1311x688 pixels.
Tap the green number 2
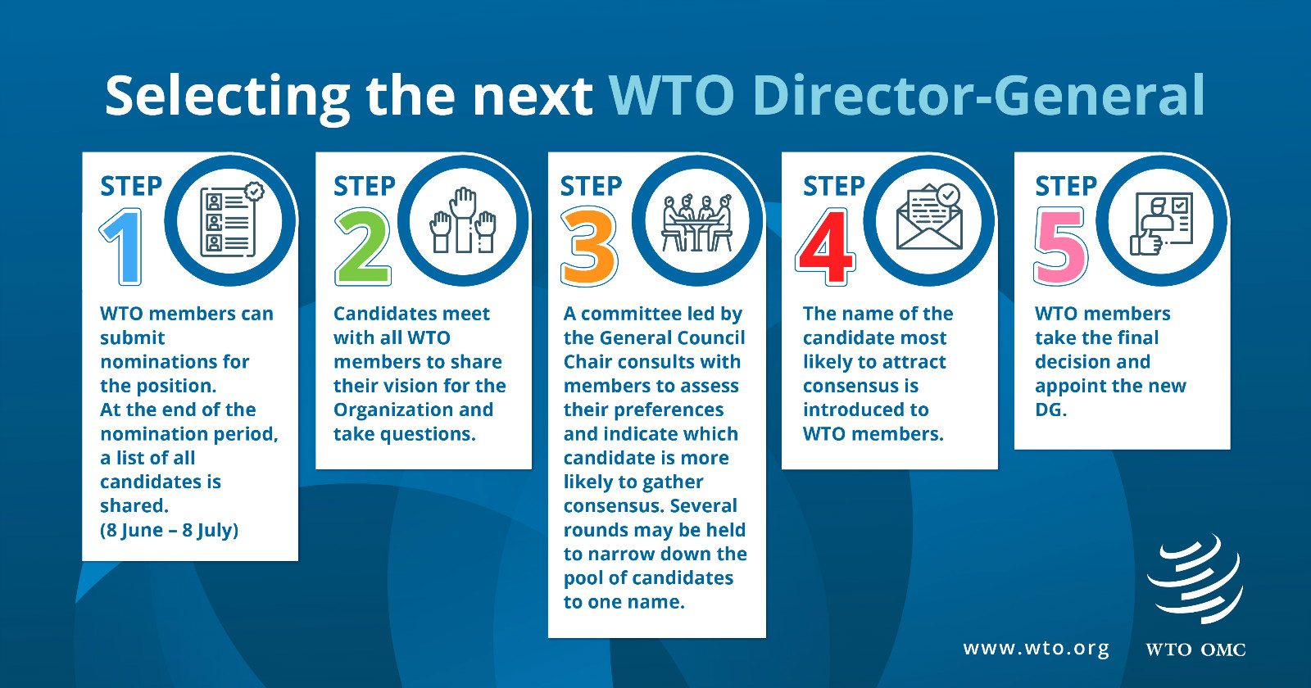click(363, 247)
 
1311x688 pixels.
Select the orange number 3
click(589, 247)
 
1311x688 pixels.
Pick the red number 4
click(825, 247)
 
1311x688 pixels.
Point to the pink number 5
click(1060, 247)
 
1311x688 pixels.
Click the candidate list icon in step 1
click(230, 220)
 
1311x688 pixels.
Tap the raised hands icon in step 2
click(463, 220)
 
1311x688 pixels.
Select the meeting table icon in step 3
click(697, 223)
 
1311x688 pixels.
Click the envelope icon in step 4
click(929, 217)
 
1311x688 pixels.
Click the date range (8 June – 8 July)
click(169, 530)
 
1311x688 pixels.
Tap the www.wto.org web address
click(1036, 648)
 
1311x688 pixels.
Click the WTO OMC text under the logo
click(1195, 650)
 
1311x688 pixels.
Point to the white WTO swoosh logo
click(1195, 579)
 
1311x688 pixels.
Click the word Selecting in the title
click(228, 97)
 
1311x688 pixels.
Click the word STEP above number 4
click(833, 186)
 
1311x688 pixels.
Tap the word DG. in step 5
click(1050, 410)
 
